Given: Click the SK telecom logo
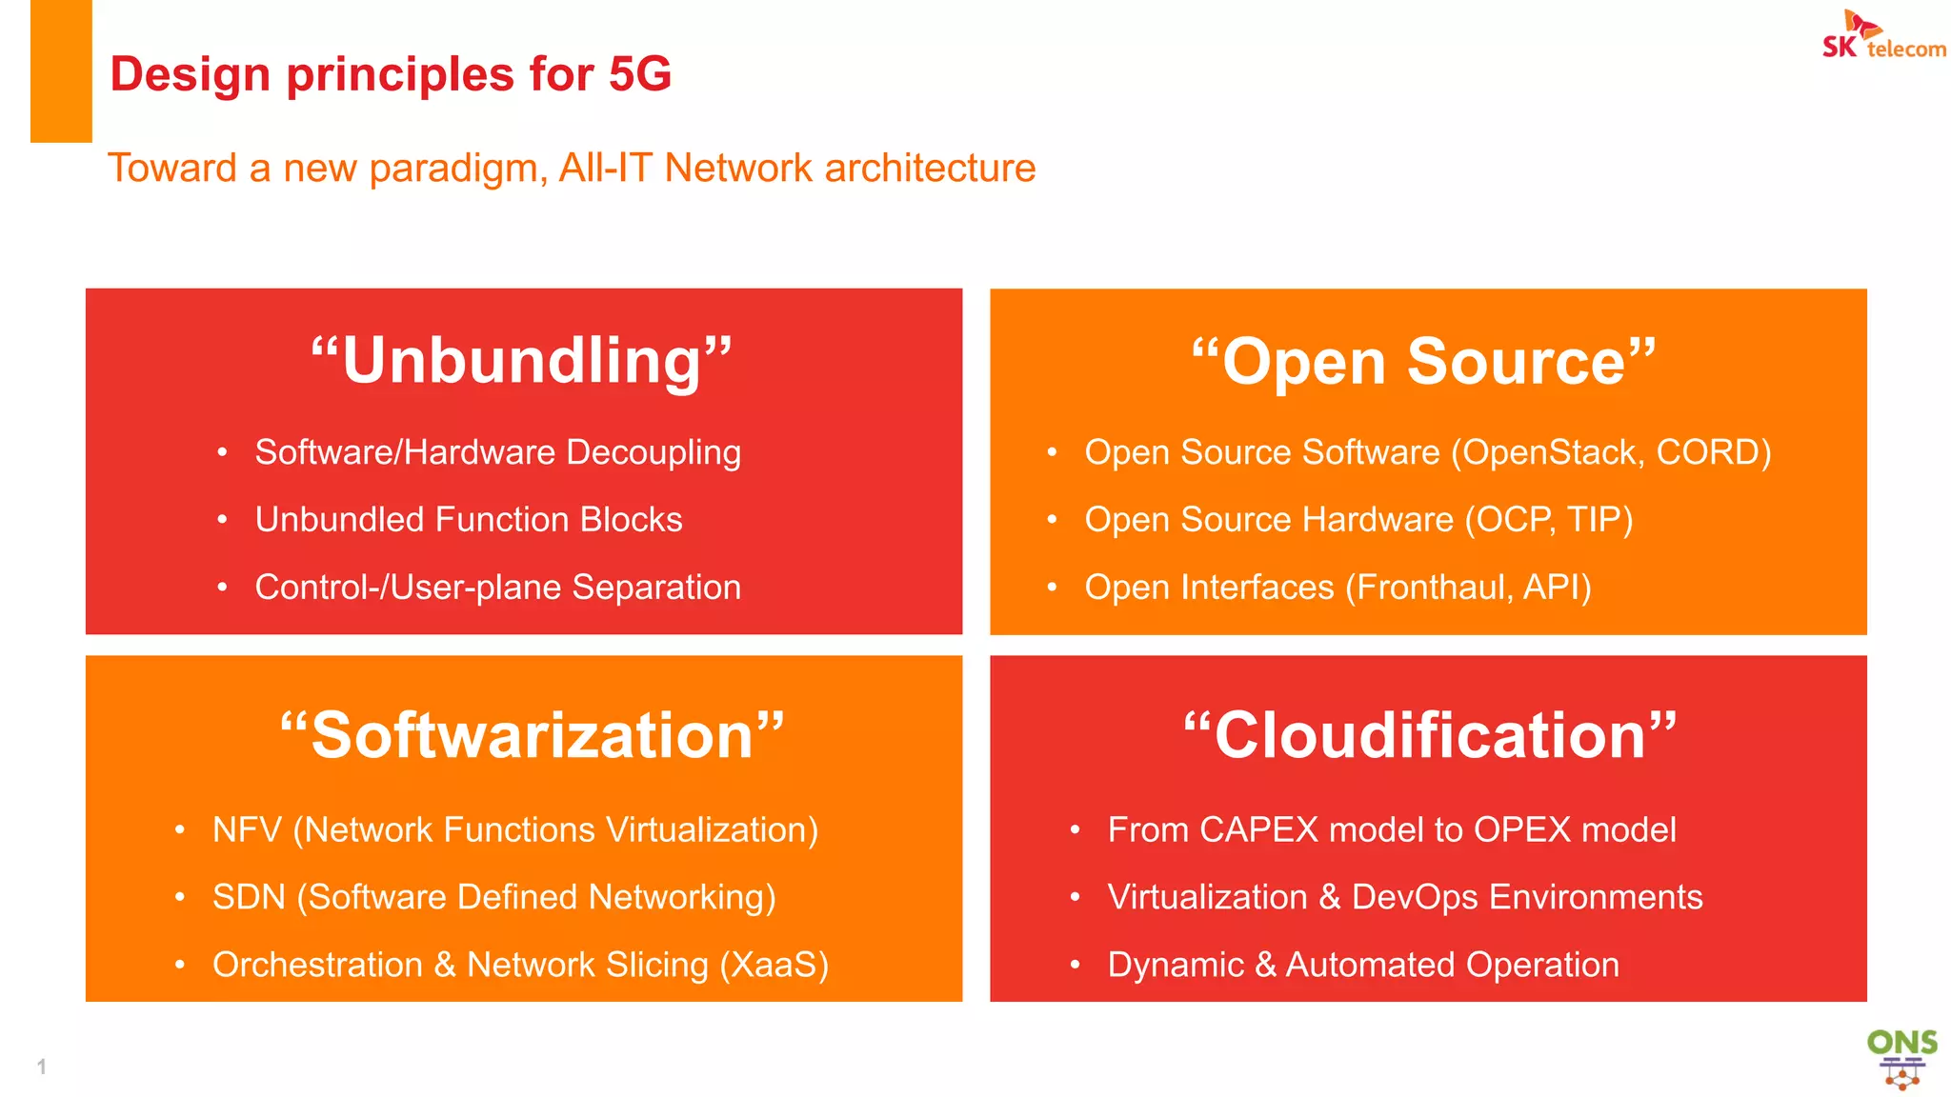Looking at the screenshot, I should [x=1882, y=36].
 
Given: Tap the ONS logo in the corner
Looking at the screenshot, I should [x=1901, y=1058].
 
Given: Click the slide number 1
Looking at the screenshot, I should [x=41, y=1067].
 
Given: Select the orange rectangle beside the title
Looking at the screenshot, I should [x=61, y=71].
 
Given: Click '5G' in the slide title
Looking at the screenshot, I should [x=640, y=74].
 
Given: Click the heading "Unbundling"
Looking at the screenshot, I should [x=522, y=361].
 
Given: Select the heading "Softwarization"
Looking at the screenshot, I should [x=532, y=736].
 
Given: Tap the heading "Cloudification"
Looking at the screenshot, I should [x=1429, y=736].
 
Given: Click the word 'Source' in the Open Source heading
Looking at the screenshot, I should [x=1517, y=362].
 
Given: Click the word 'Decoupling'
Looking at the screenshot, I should [x=654, y=452].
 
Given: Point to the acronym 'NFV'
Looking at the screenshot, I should [x=247, y=830].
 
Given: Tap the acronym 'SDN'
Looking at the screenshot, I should [x=249, y=897].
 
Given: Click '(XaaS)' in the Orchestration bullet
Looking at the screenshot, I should [x=774, y=965].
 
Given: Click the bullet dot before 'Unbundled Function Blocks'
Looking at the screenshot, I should [x=222, y=520].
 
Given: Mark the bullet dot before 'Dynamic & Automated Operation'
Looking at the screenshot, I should [x=1075, y=965].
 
